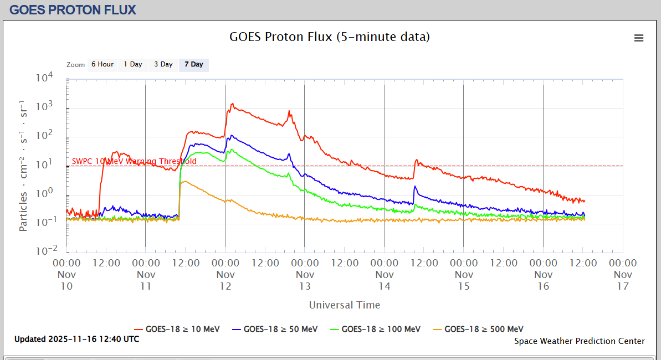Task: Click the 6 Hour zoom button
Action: pyautogui.click(x=103, y=65)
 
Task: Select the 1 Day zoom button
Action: pyautogui.click(x=133, y=65)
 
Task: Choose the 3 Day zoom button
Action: pyautogui.click(x=163, y=65)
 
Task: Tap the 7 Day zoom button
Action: pyautogui.click(x=194, y=65)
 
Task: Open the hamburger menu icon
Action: pyautogui.click(x=639, y=38)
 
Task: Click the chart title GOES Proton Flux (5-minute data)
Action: pyautogui.click(x=330, y=37)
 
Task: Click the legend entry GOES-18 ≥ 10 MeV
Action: pyautogui.click(x=177, y=329)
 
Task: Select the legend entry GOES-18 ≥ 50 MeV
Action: pyautogui.click(x=275, y=329)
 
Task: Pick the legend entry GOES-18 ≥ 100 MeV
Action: pyautogui.click(x=375, y=329)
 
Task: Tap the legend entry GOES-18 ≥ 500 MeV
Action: pyautogui.click(x=478, y=329)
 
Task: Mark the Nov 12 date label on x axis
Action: pyautogui.click(x=226, y=280)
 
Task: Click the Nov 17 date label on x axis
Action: pyautogui.click(x=623, y=280)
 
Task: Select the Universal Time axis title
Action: pyautogui.click(x=345, y=305)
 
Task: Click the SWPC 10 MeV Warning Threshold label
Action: pyautogui.click(x=134, y=161)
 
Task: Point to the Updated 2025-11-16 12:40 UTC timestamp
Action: pyautogui.click(x=77, y=339)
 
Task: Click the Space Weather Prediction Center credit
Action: pyautogui.click(x=580, y=341)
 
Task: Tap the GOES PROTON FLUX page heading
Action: pyautogui.click(x=73, y=9)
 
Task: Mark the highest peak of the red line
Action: pyautogui.click(x=233, y=104)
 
